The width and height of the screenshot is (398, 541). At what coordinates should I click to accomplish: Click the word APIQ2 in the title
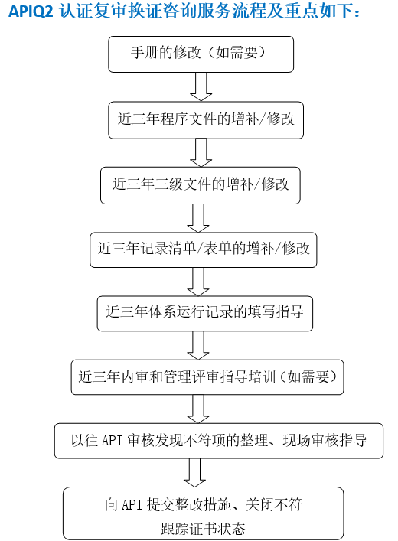(31, 11)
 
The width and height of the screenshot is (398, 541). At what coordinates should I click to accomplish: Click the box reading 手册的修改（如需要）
(201, 54)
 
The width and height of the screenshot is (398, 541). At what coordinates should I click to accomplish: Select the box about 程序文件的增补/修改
(206, 120)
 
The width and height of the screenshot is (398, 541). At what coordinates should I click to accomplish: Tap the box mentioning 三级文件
(201, 185)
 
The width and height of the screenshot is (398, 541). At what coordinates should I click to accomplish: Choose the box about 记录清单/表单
(204, 249)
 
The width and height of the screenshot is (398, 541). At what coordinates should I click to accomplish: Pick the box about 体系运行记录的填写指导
(204, 313)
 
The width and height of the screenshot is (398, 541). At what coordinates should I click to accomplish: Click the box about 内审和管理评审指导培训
(207, 377)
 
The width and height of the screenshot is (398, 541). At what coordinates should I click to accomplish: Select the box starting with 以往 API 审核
(219, 441)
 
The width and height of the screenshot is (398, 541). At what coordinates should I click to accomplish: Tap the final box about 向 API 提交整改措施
(204, 513)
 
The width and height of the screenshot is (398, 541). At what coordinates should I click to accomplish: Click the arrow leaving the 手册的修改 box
(201, 86)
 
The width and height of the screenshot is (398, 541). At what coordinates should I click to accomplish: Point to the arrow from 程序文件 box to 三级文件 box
(201, 152)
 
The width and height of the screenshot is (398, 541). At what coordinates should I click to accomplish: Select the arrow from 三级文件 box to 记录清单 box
(198, 218)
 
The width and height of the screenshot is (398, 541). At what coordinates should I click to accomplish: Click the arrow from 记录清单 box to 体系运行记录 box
(198, 282)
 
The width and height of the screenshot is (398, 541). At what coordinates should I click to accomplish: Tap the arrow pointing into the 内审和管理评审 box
(198, 345)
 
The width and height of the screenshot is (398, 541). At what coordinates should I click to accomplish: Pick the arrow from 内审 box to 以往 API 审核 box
(198, 409)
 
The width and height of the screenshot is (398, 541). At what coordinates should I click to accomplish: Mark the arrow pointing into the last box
(194, 473)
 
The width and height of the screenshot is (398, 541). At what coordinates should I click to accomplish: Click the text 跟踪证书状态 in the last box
(203, 529)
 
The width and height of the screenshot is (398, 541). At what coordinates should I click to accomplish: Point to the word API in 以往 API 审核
(113, 441)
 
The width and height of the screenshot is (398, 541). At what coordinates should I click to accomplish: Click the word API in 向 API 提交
(132, 505)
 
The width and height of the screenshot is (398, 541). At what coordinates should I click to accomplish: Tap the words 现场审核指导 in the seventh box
(325, 440)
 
